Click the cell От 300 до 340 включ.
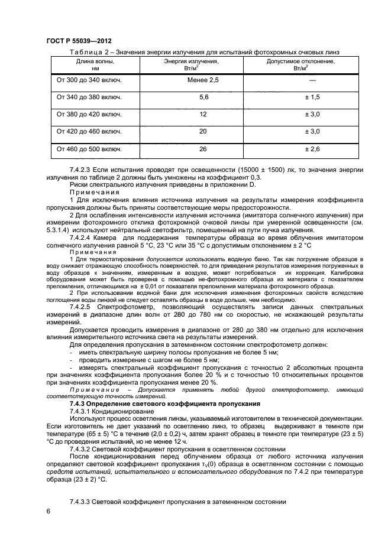tap(89, 80)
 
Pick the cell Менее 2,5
tap(203, 80)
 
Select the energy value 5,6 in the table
tap(203, 97)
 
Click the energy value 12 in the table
tap(203, 114)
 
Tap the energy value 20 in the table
tap(203, 131)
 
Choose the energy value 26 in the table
tap(203, 149)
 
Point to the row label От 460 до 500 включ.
tap(89, 149)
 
